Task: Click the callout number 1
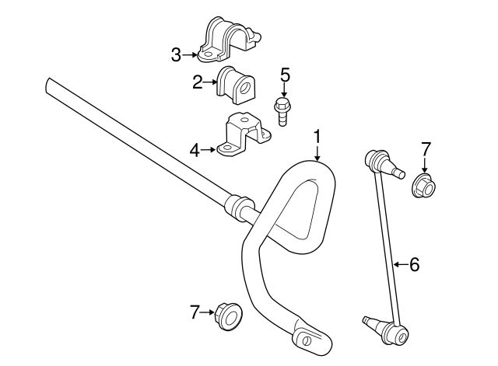tap(317, 137)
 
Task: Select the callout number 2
tap(198, 81)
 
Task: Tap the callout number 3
tap(177, 54)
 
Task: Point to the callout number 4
tap(195, 149)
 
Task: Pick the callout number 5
tap(285, 75)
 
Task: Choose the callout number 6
tap(414, 265)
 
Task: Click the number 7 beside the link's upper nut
tap(425, 148)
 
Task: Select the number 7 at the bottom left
tap(195, 312)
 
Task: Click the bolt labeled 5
tap(283, 110)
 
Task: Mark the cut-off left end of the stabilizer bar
tap(51, 82)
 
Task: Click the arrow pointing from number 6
tap(398, 265)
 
